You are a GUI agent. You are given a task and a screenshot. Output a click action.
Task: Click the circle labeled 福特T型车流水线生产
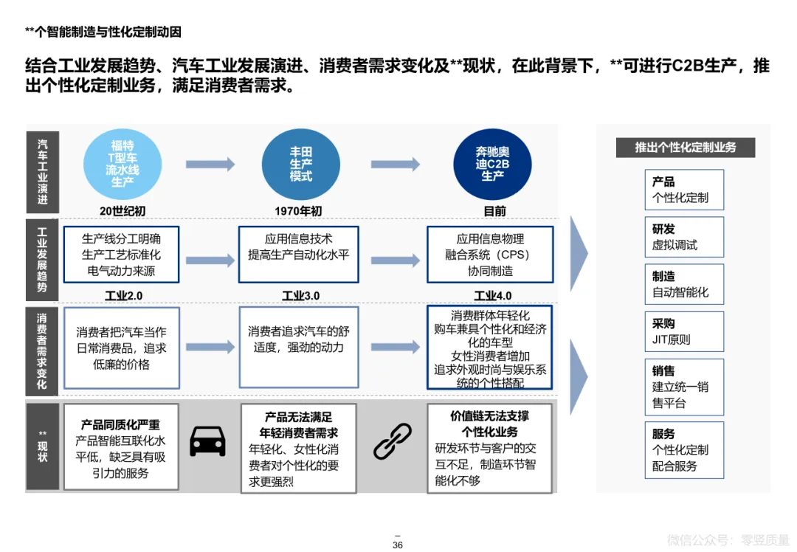click(x=123, y=164)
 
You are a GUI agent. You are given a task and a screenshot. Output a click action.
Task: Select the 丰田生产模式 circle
click(x=301, y=164)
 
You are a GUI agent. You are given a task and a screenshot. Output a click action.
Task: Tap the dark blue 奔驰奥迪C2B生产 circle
click(x=493, y=164)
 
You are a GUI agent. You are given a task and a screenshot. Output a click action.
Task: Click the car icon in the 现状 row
click(x=207, y=441)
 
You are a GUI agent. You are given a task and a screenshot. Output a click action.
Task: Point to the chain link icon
click(x=392, y=441)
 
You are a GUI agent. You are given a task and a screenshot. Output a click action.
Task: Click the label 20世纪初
click(x=123, y=211)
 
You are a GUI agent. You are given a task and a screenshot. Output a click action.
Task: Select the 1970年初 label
click(x=299, y=211)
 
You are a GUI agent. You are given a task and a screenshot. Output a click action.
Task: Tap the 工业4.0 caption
click(x=493, y=296)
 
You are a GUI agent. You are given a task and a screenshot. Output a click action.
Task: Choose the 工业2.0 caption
click(x=123, y=296)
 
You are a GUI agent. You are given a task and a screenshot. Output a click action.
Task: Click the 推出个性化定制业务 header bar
click(x=686, y=147)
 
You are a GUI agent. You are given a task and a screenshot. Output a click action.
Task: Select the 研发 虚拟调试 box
click(x=683, y=237)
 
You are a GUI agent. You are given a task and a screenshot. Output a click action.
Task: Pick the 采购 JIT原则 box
click(x=683, y=331)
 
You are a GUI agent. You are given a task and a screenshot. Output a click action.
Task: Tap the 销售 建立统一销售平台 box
click(x=683, y=387)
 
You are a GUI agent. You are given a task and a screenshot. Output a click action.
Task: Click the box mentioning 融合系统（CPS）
click(x=490, y=255)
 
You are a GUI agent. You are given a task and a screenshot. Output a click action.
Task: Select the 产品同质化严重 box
click(x=121, y=446)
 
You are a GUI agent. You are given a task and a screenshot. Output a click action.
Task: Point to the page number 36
click(x=398, y=545)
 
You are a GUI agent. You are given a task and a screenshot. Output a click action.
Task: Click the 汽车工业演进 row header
click(x=42, y=173)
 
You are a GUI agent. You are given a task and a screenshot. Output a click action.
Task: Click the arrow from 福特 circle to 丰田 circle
click(x=210, y=165)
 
